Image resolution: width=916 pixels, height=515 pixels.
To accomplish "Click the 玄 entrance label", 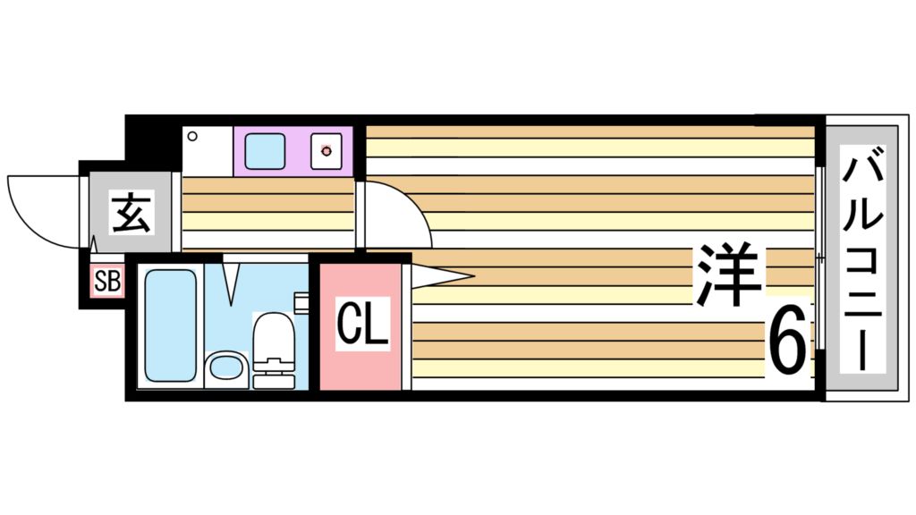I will coord(131,214).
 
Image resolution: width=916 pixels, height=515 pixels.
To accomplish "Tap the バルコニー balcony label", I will coord(862,259).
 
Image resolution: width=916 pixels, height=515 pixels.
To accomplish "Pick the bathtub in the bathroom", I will coord(170,325).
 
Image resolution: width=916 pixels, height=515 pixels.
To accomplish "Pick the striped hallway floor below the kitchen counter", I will coord(268,214).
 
